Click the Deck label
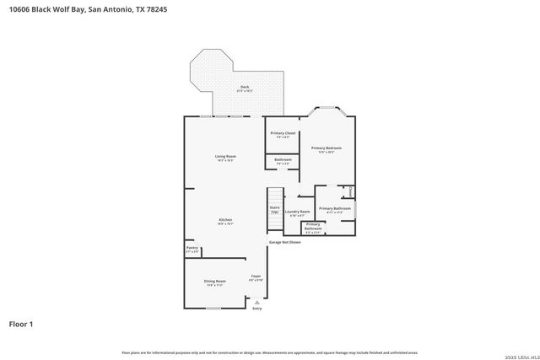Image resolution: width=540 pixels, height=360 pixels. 245,89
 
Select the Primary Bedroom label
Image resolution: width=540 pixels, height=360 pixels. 326,149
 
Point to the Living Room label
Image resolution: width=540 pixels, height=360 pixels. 224,158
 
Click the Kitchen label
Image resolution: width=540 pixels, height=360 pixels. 225,221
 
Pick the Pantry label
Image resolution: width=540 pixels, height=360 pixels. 192,249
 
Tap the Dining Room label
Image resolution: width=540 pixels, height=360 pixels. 215,282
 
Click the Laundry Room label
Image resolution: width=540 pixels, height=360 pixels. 297,212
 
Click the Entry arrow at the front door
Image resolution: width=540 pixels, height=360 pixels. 257,302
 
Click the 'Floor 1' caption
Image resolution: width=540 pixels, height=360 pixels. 22,324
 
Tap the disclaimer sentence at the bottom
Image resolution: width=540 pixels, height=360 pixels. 269,352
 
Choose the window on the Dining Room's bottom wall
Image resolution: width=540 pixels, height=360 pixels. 213,309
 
